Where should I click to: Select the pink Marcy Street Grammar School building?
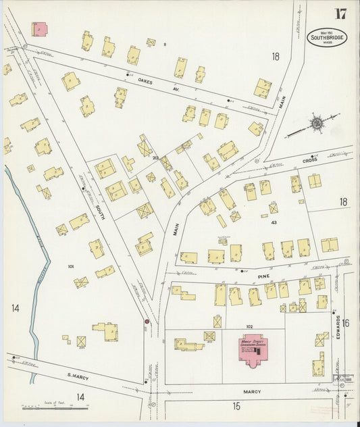tap(253, 347)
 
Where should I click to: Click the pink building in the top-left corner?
tap(40, 29)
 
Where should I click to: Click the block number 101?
tap(71, 267)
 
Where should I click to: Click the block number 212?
tap(155, 158)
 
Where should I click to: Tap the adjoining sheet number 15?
tap(236, 406)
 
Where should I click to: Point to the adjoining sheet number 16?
tap(345, 324)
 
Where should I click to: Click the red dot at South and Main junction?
tap(146, 321)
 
